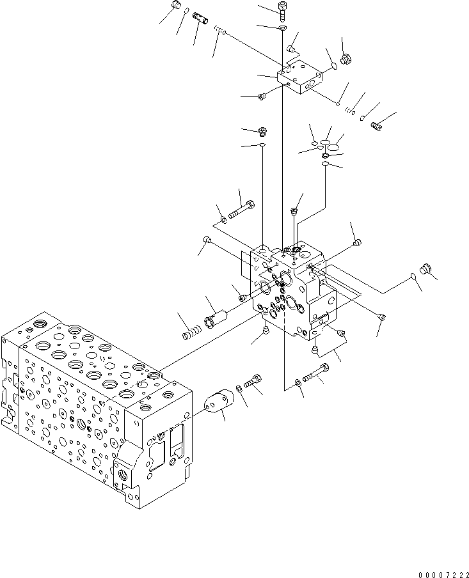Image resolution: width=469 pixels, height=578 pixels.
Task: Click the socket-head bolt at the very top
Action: point(283,8)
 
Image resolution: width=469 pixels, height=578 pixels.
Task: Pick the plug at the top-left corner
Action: point(178,8)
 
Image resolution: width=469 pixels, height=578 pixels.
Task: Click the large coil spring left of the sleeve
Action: point(191,332)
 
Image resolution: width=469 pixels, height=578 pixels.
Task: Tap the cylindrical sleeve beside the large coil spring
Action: point(216,317)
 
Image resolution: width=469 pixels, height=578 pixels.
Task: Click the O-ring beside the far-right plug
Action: point(413,276)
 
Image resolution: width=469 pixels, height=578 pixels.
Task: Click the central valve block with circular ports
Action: point(291,288)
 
